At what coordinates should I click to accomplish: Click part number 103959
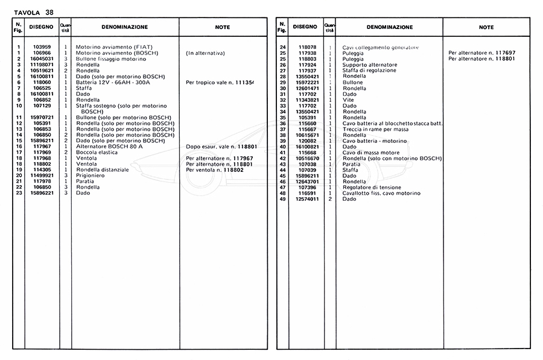42,47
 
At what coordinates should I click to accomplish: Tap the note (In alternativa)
206,53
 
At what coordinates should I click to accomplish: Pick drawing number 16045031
42,58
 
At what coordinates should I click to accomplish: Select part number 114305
42,170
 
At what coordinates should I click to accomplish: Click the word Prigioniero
90,175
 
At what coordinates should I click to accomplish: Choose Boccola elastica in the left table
95,153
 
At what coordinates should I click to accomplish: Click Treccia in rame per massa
375,129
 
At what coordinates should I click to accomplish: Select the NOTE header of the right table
486,27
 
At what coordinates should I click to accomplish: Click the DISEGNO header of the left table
42,27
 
